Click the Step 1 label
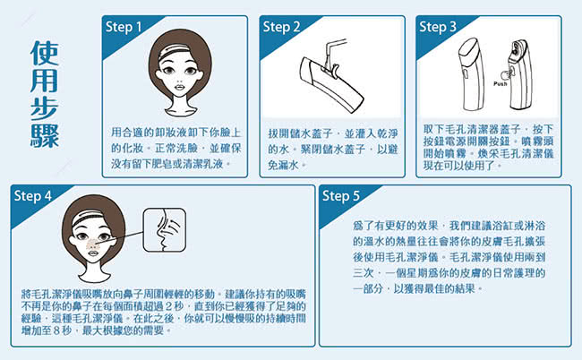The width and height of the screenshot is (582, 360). click(124, 27)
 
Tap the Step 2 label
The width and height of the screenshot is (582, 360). click(281, 27)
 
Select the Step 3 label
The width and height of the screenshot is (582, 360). click(438, 27)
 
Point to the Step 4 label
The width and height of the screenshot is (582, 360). click(32, 195)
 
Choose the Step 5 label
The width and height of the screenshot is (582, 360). click(341, 195)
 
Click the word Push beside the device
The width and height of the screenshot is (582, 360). click(500, 84)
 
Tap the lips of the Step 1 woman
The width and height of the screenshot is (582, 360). click(180, 87)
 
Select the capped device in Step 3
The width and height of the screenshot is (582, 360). click(472, 74)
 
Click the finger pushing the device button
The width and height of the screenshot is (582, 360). click(506, 74)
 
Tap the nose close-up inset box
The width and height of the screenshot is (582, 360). click(165, 230)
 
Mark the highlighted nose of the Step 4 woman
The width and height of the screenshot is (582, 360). click(93, 244)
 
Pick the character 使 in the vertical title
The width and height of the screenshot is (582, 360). click(45, 53)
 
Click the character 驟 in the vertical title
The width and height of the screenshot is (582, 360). click(45, 136)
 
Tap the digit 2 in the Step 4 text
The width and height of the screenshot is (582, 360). click(168, 306)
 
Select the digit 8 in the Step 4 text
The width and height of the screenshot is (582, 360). click(56, 330)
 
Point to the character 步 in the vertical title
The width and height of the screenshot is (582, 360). click(45, 108)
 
